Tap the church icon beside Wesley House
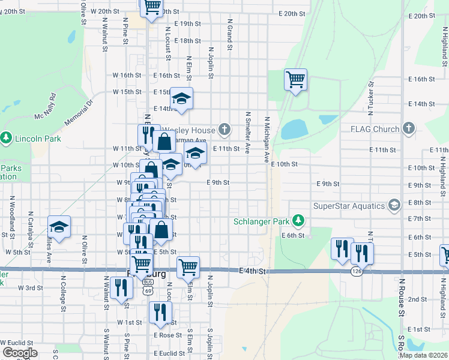tap(224, 129)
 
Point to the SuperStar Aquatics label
tap(349, 206)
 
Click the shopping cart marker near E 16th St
tap(295, 79)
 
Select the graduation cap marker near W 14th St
tap(181, 98)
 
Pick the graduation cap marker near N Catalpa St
tap(59, 227)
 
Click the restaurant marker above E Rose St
tap(160, 312)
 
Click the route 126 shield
tap(356, 272)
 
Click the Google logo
tap(20, 353)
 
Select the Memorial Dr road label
tap(79, 112)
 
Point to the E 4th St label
tap(253, 272)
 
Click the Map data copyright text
tap(423, 355)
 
